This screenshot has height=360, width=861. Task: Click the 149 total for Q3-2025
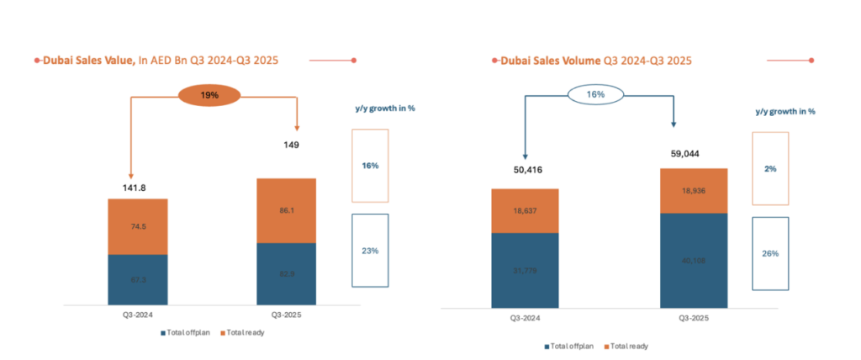point(287,145)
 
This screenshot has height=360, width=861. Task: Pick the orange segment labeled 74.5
point(138,226)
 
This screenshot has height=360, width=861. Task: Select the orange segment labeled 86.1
point(287,210)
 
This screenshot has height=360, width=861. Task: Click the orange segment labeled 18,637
point(525,210)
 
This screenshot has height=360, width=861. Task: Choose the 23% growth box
point(370,250)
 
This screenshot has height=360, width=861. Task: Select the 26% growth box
point(770,253)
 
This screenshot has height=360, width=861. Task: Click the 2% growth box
point(770,168)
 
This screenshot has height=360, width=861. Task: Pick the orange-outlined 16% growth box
point(370,166)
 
